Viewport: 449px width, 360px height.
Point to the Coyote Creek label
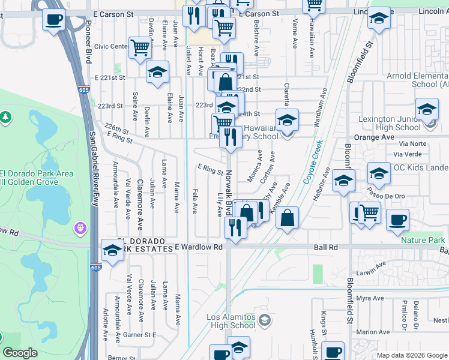313,161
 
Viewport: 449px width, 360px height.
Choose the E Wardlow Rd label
199,247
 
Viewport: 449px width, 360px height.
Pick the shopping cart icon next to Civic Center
139,46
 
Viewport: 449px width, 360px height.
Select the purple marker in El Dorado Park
81,228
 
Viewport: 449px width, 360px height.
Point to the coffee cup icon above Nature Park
397,219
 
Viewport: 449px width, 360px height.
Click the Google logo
20,353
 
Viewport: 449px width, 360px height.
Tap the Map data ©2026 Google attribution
412,355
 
